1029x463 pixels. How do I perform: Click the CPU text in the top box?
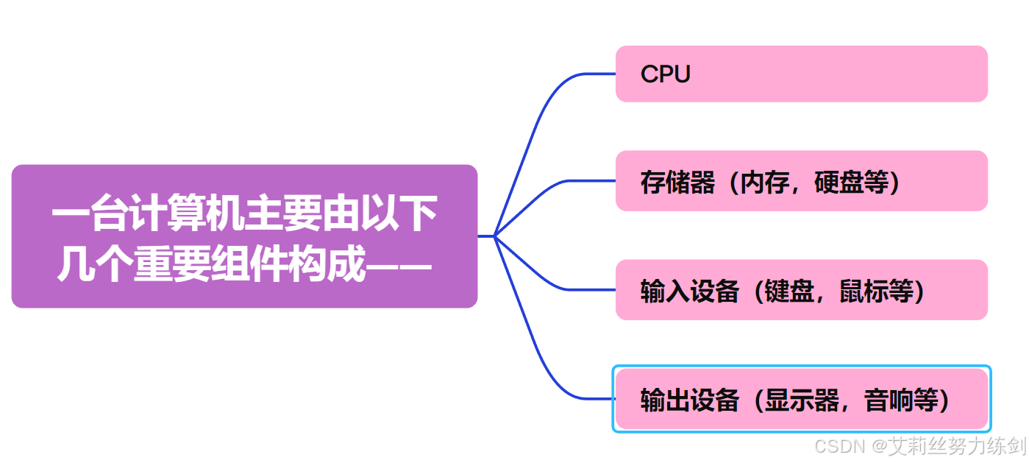[x=665, y=74]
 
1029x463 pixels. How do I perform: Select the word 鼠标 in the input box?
[x=864, y=291]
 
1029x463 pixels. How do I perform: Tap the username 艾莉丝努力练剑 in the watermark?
[x=958, y=446]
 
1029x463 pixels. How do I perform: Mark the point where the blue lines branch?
[x=494, y=236]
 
